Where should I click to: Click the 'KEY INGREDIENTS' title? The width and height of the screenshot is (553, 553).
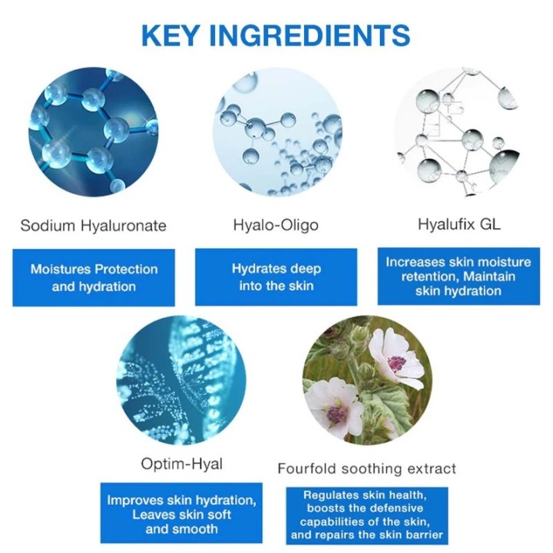(276, 35)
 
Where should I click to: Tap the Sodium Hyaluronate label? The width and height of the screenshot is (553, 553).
(93, 226)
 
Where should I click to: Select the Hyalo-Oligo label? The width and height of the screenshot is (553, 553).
(276, 225)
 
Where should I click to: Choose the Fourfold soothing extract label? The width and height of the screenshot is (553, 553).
(366, 468)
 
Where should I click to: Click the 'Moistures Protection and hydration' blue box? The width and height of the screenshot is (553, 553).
(94, 278)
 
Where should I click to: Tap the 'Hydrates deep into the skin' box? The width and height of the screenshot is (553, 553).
(276, 278)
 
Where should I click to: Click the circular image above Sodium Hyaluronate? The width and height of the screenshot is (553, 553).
(93, 131)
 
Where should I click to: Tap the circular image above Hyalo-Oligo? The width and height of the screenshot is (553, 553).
(276, 131)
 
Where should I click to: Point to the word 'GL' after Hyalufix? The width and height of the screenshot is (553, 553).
(489, 225)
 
